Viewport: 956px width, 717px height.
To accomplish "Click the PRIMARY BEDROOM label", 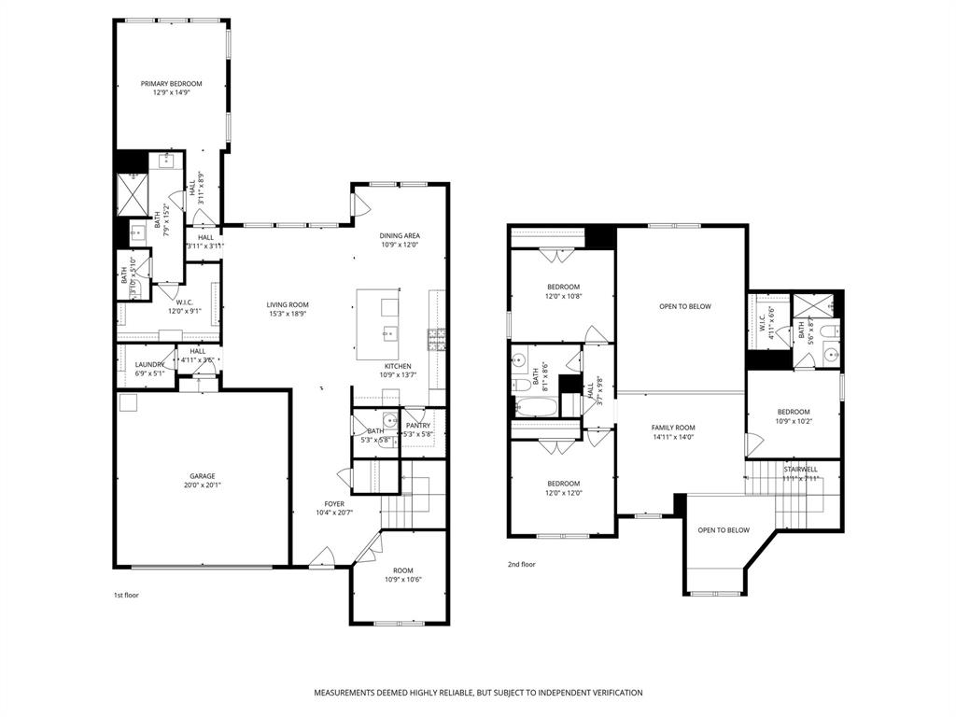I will tap(171, 83).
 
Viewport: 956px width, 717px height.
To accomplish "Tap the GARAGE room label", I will tap(203, 475).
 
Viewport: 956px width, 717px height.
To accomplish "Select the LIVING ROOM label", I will tap(287, 304).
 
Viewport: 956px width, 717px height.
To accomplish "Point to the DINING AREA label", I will tap(400, 235).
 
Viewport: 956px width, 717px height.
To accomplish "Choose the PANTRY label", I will tap(417, 426).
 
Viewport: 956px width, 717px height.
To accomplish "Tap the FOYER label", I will tap(333, 503).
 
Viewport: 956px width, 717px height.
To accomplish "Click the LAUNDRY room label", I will tap(149, 364).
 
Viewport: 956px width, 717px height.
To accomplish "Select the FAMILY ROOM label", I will tap(673, 428).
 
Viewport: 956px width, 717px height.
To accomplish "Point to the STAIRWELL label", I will tap(800, 469).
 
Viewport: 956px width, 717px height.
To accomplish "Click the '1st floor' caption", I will tap(125, 595).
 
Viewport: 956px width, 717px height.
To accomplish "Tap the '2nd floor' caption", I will tap(521, 564).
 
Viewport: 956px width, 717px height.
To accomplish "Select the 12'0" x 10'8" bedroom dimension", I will tap(563, 296).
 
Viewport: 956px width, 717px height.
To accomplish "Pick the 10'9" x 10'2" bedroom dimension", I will tap(793, 421).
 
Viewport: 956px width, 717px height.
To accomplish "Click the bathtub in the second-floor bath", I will tap(537, 407).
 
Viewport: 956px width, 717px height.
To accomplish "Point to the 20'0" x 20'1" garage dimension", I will tap(203, 485).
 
